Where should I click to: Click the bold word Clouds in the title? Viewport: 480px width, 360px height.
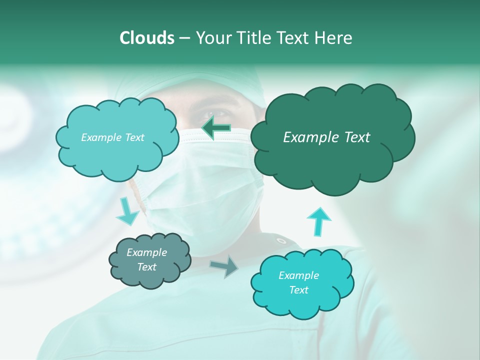(146, 38)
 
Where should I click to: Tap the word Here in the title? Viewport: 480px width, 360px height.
(333, 38)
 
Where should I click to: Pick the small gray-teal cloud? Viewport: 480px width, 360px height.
(150, 261)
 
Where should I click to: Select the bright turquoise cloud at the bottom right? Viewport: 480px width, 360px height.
(301, 283)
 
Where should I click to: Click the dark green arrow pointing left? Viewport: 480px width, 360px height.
(216, 128)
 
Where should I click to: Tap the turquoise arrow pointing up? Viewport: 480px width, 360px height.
(318, 220)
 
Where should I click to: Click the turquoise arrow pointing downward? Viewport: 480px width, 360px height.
(127, 212)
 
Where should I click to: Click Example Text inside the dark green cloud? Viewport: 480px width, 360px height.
(326, 137)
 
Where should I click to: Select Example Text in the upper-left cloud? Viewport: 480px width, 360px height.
(112, 137)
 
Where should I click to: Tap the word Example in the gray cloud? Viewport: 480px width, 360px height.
(146, 252)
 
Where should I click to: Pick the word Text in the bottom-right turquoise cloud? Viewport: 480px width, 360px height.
(298, 290)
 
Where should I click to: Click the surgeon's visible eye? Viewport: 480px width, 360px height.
(206, 114)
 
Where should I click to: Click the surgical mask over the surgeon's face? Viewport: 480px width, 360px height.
(210, 195)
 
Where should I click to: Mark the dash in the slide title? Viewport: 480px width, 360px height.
(184, 38)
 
